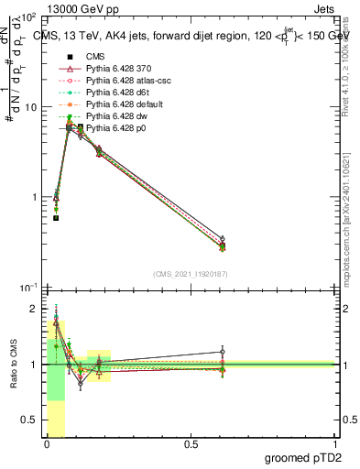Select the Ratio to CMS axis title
pos(12,366)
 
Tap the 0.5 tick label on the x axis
pos(191,444)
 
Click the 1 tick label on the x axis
pos(335,444)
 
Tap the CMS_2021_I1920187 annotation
pos(191,274)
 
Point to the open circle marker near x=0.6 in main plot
pos(223,238)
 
